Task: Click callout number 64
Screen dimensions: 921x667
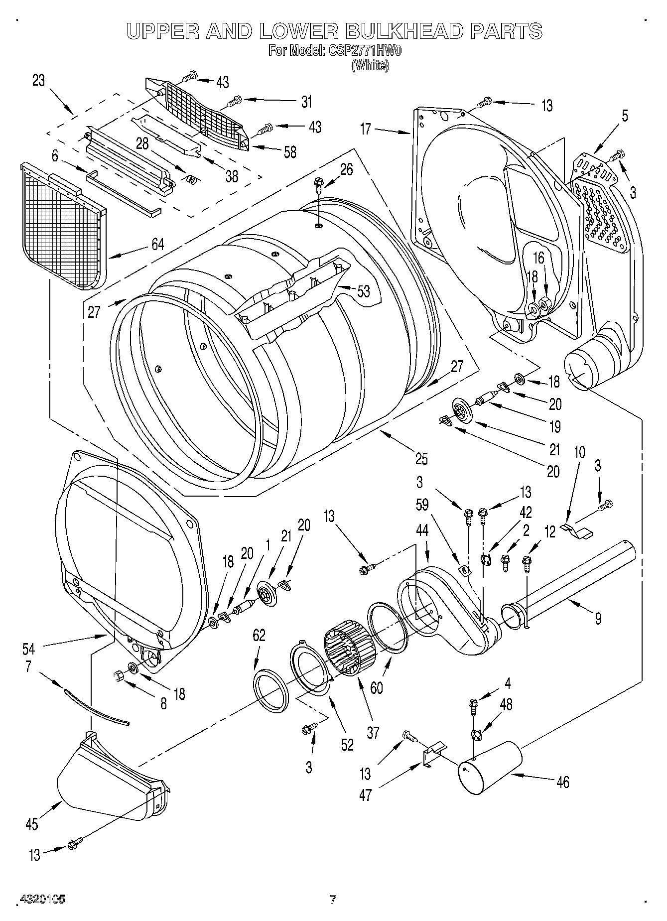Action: point(157,245)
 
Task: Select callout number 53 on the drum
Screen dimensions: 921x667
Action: point(364,291)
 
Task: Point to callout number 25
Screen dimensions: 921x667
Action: point(421,458)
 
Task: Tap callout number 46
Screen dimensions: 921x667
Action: point(562,782)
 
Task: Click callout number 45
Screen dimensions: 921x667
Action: point(32,824)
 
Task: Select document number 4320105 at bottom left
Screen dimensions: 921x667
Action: point(42,899)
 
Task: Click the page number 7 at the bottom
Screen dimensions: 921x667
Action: point(333,899)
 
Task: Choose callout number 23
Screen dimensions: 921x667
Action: point(39,80)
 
